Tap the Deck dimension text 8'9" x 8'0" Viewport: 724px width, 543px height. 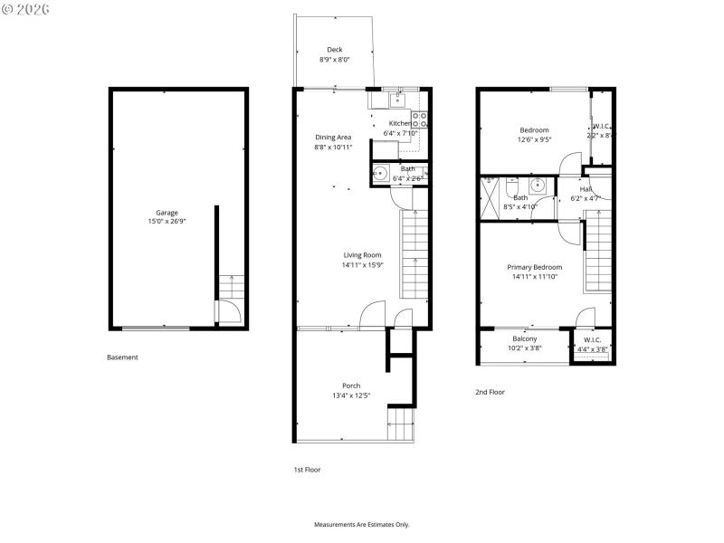click(x=334, y=60)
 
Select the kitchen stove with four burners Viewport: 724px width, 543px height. click(x=420, y=119)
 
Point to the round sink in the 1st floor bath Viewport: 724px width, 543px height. click(x=380, y=174)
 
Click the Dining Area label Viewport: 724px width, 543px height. click(x=333, y=138)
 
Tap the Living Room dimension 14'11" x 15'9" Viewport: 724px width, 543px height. click(x=361, y=266)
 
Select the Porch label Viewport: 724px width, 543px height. click(x=351, y=386)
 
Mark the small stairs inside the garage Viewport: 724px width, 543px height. click(x=230, y=288)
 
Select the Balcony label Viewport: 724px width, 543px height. click(x=524, y=338)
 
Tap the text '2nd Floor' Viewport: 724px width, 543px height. click(x=490, y=392)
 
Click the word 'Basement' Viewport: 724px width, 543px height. click(x=122, y=357)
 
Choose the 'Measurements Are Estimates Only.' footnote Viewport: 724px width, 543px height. click(x=362, y=525)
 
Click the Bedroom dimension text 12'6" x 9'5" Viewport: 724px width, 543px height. click(x=534, y=139)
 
